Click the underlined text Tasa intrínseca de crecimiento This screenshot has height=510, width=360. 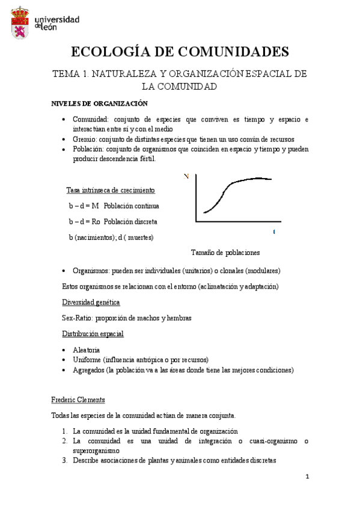[111, 191]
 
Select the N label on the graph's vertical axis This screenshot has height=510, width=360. [187, 176]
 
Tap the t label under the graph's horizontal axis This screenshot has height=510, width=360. [273, 232]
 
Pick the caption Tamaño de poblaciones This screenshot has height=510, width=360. [225, 252]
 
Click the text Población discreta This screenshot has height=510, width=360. [141, 221]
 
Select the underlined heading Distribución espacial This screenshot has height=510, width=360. [93, 334]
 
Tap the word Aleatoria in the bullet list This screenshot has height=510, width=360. [87, 349]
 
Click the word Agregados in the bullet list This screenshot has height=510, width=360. [88, 370]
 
